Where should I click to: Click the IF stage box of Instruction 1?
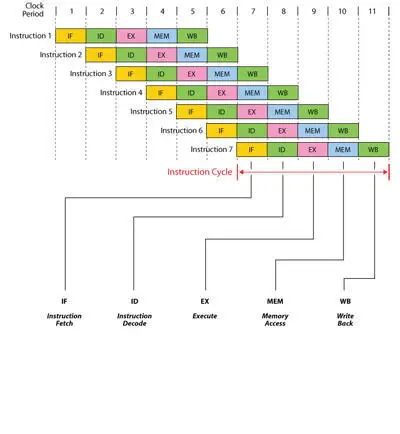[71, 36]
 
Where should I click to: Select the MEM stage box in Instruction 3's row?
[222, 74]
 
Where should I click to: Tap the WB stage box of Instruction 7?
[374, 149]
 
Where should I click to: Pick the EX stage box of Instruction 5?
[252, 112]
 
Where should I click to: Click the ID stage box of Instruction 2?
[131, 55]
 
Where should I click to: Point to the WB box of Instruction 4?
[283, 93]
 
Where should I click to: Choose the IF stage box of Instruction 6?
[222, 131]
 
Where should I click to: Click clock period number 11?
[372, 12]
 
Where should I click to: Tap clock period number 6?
[223, 12]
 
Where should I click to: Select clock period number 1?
[71, 12]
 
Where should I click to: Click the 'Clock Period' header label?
[33, 10]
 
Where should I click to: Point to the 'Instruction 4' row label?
[121, 92]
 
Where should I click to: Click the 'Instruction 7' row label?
[211, 149]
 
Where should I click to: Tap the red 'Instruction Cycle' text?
[200, 172]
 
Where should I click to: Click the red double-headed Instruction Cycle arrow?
[313, 172]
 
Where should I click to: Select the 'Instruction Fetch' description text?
[64, 320]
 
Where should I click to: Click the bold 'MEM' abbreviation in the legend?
[275, 301]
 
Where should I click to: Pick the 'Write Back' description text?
[345, 320]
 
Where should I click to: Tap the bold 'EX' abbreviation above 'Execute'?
[205, 301]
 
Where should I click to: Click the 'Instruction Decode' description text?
[134, 320]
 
